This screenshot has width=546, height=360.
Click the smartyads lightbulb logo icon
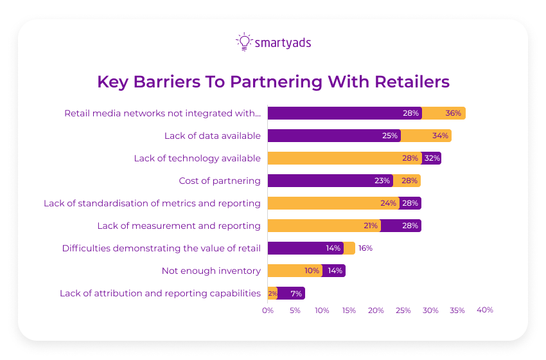tap(244, 42)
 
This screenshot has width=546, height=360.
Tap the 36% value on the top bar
tap(454, 113)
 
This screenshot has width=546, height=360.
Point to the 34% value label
tap(441, 136)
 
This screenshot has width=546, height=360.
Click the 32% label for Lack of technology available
tap(432, 158)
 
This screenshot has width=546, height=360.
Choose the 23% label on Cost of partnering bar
tap(383, 181)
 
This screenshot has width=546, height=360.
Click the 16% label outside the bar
tap(365, 248)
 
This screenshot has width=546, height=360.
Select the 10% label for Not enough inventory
tap(312, 271)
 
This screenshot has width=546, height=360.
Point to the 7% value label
tap(296, 293)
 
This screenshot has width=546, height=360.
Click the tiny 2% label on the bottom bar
tap(272, 293)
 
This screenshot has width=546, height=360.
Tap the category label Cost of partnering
tap(220, 181)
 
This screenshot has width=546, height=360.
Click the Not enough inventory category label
tap(211, 271)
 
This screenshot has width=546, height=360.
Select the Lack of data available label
tap(213, 136)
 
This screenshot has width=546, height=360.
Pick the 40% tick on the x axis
tap(485, 310)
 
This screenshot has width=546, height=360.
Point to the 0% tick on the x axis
tap(268, 310)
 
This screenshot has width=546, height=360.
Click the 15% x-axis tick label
tap(349, 310)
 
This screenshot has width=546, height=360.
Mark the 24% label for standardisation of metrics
tap(388, 203)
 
